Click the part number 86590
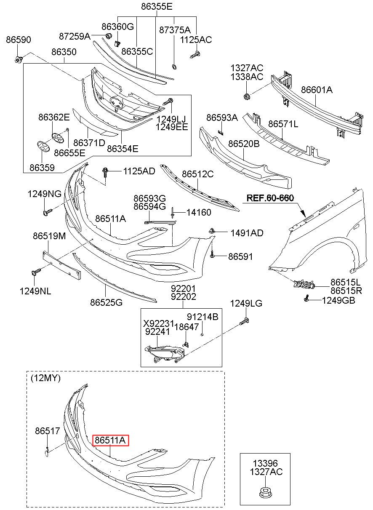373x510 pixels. coord(18,40)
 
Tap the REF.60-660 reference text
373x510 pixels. coord(270,198)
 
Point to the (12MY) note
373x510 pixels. coord(45,378)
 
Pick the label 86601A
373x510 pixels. coord(317,90)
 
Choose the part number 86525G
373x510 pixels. coord(106,302)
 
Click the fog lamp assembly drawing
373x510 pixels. coord(165,353)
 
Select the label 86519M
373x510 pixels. coord(49,236)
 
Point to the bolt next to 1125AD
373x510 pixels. coord(105,171)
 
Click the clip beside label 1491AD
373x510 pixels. coord(213,231)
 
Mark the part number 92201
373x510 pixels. coord(183,288)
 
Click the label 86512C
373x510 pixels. coord(198,174)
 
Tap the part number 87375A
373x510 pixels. coord(175,30)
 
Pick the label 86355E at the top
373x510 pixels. coord(157,7)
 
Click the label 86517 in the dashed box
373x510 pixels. coord(48,431)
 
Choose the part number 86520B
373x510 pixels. coord(244,144)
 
